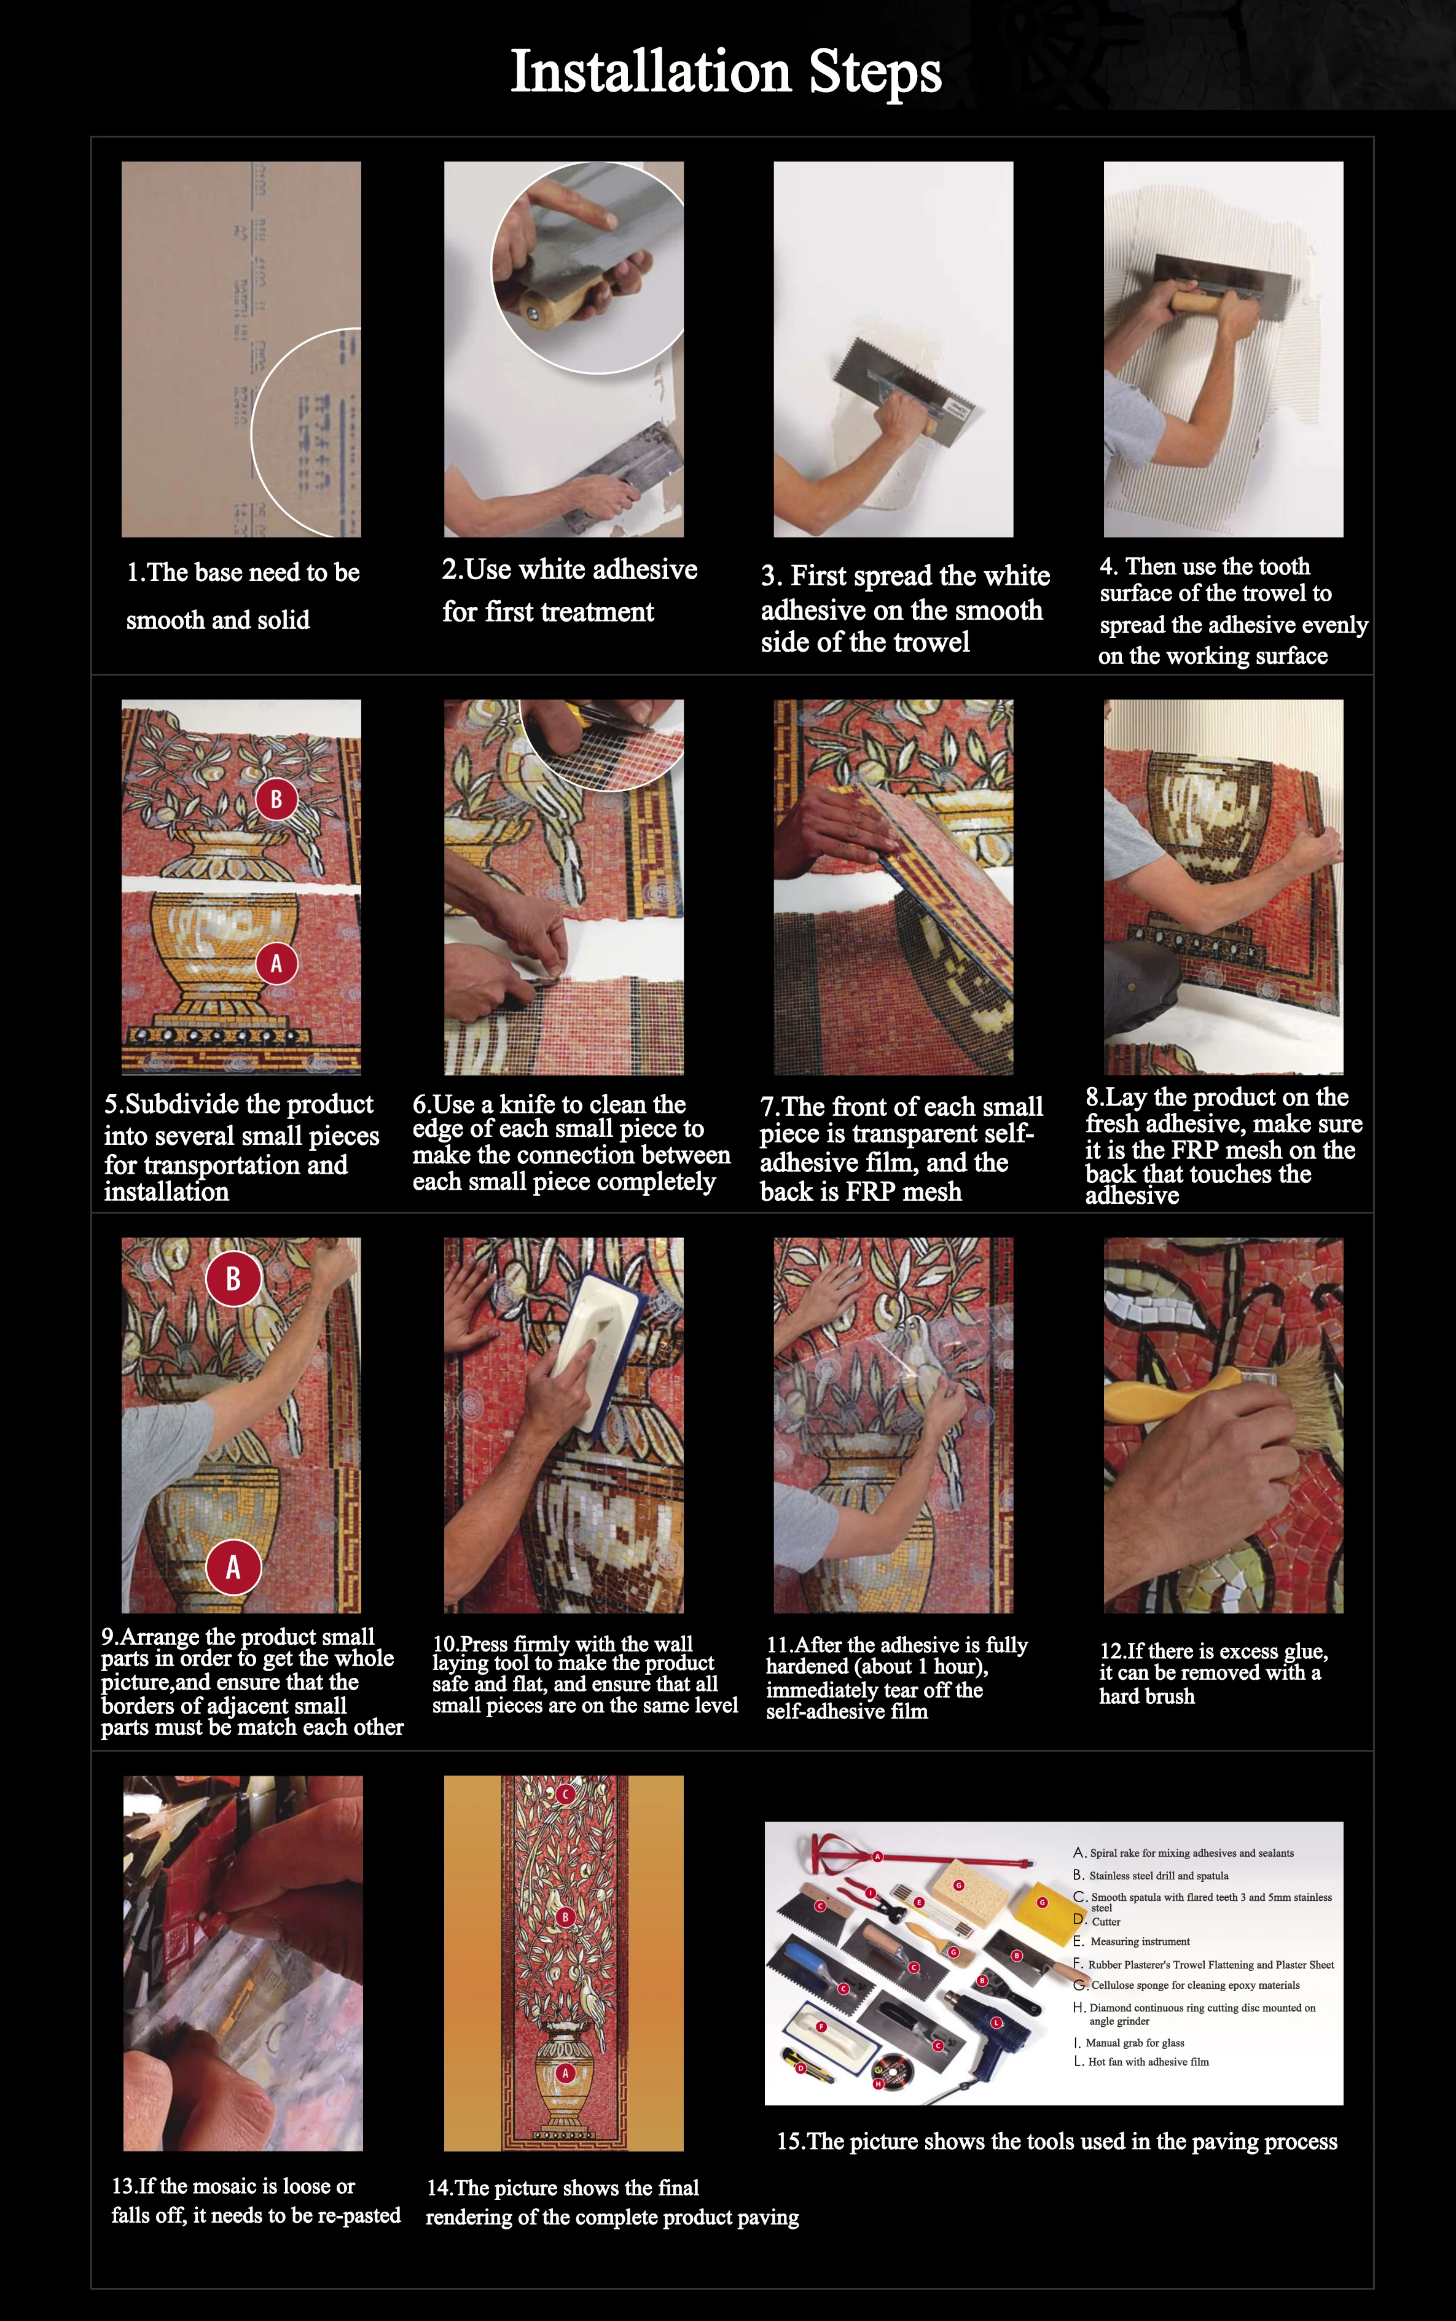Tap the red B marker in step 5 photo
click(276, 799)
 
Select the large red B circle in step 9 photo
click(233, 1279)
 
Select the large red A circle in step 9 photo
click(233, 1567)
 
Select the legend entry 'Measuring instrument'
click(1140, 1941)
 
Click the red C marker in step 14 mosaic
click(565, 1795)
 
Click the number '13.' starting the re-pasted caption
click(124, 2186)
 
